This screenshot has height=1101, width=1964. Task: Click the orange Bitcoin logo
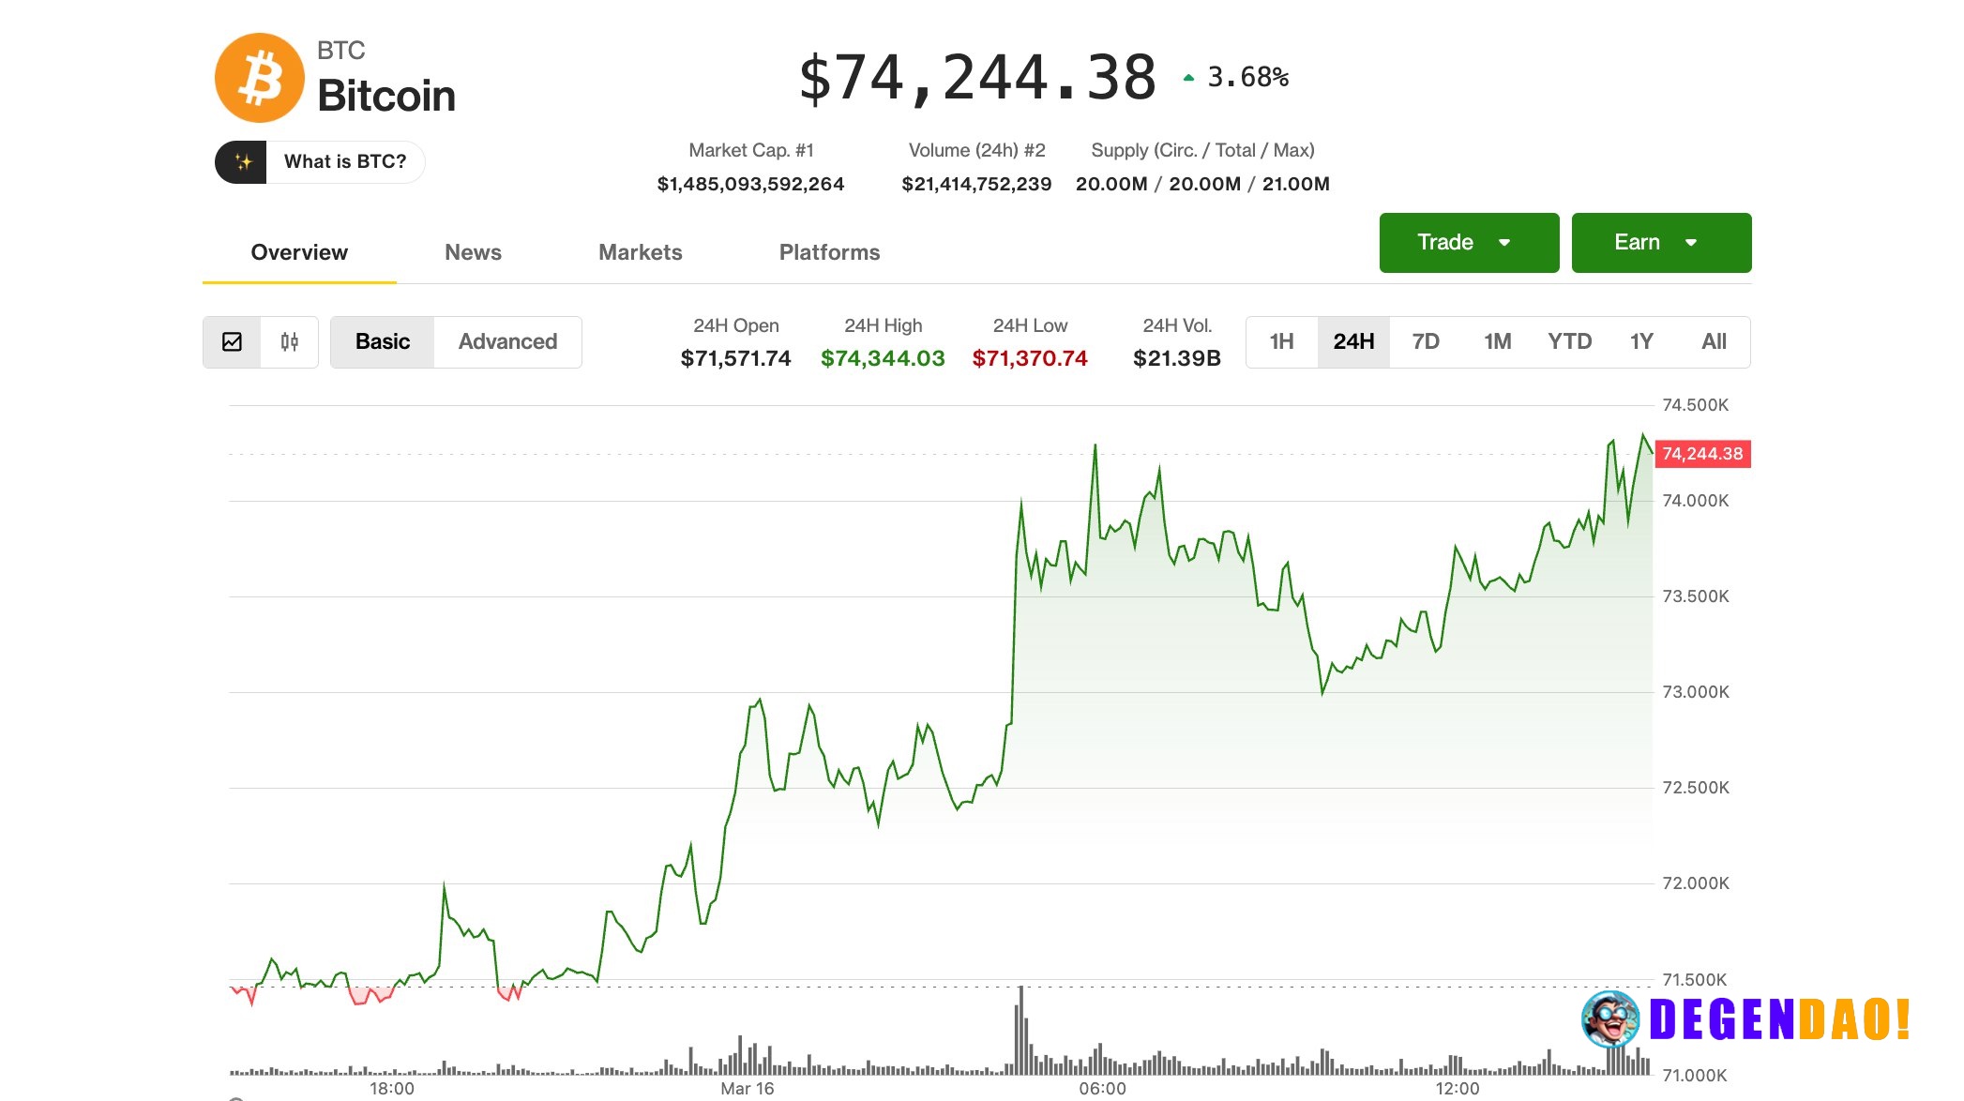click(260, 78)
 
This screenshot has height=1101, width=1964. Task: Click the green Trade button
click(1468, 242)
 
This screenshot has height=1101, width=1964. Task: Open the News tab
click(473, 252)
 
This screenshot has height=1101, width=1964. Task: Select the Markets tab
click(640, 252)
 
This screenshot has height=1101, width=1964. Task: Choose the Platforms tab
click(829, 252)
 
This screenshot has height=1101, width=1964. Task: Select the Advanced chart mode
click(507, 341)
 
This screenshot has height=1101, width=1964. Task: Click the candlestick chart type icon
click(290, 341)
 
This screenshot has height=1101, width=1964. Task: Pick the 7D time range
click(1425, 341)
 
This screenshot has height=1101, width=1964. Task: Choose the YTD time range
click(1569, 341)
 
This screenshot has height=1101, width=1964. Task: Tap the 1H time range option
click(1281, 341)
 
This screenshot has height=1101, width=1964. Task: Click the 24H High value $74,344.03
click(883, 358)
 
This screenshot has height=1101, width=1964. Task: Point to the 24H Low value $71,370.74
click(1030, 358)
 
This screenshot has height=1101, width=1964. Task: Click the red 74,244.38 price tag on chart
click(1702, 454)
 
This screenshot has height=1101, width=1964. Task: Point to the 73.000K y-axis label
click(1695, 692)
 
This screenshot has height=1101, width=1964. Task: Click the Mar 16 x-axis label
click(747, 1088)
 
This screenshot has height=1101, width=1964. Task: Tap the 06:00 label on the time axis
click(1102, 1088)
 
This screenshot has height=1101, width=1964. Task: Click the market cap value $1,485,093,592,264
click(750, 184)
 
